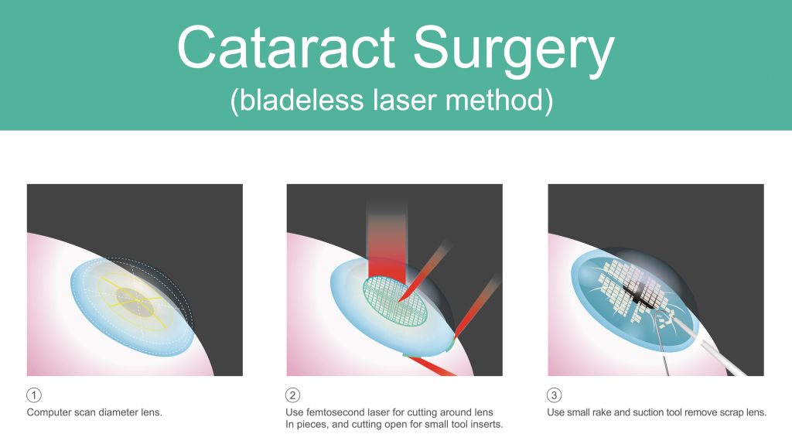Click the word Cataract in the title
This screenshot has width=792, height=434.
(x=286, y=47)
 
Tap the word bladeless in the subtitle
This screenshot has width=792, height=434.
(x=302, y=100)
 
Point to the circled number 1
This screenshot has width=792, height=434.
(x=34, y=395)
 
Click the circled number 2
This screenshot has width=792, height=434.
(x=292, y=395)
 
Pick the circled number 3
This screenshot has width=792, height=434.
(x=554, y=395)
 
